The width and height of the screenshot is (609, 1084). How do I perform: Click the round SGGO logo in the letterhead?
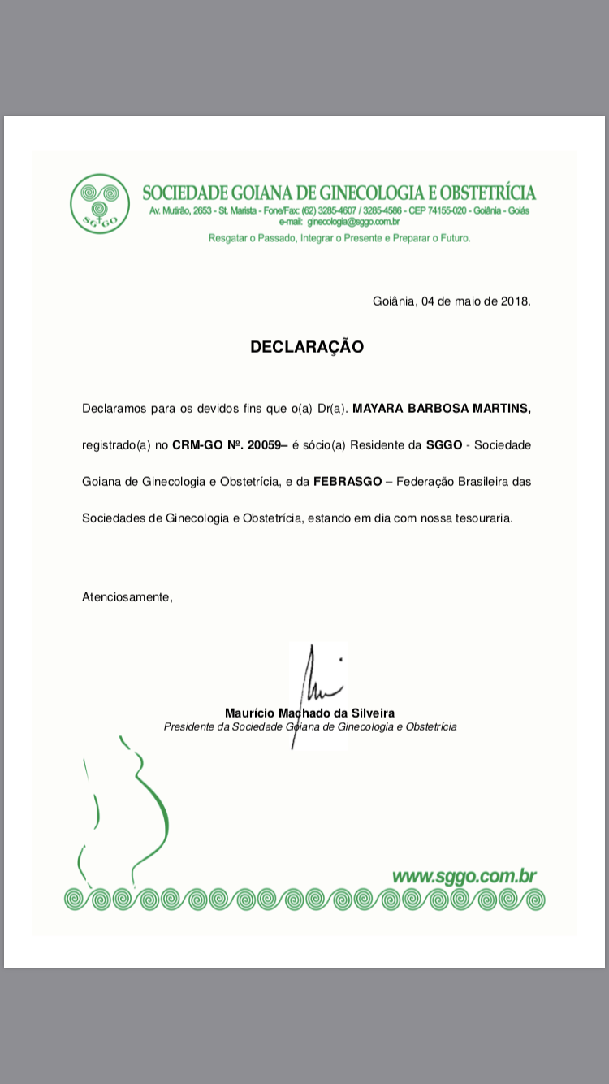99,204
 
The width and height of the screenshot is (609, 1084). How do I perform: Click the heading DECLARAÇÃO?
307,347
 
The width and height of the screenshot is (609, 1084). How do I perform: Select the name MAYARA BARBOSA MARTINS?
442,408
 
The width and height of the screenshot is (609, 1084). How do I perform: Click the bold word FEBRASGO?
348,482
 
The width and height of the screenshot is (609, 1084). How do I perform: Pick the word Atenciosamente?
127,597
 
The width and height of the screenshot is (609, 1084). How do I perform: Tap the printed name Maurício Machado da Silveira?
309,713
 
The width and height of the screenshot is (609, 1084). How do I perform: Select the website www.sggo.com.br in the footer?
464,876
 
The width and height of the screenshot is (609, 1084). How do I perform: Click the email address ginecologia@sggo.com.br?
352,221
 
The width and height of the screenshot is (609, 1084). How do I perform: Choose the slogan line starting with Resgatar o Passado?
339,238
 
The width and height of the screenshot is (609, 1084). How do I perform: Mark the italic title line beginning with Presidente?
309,726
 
